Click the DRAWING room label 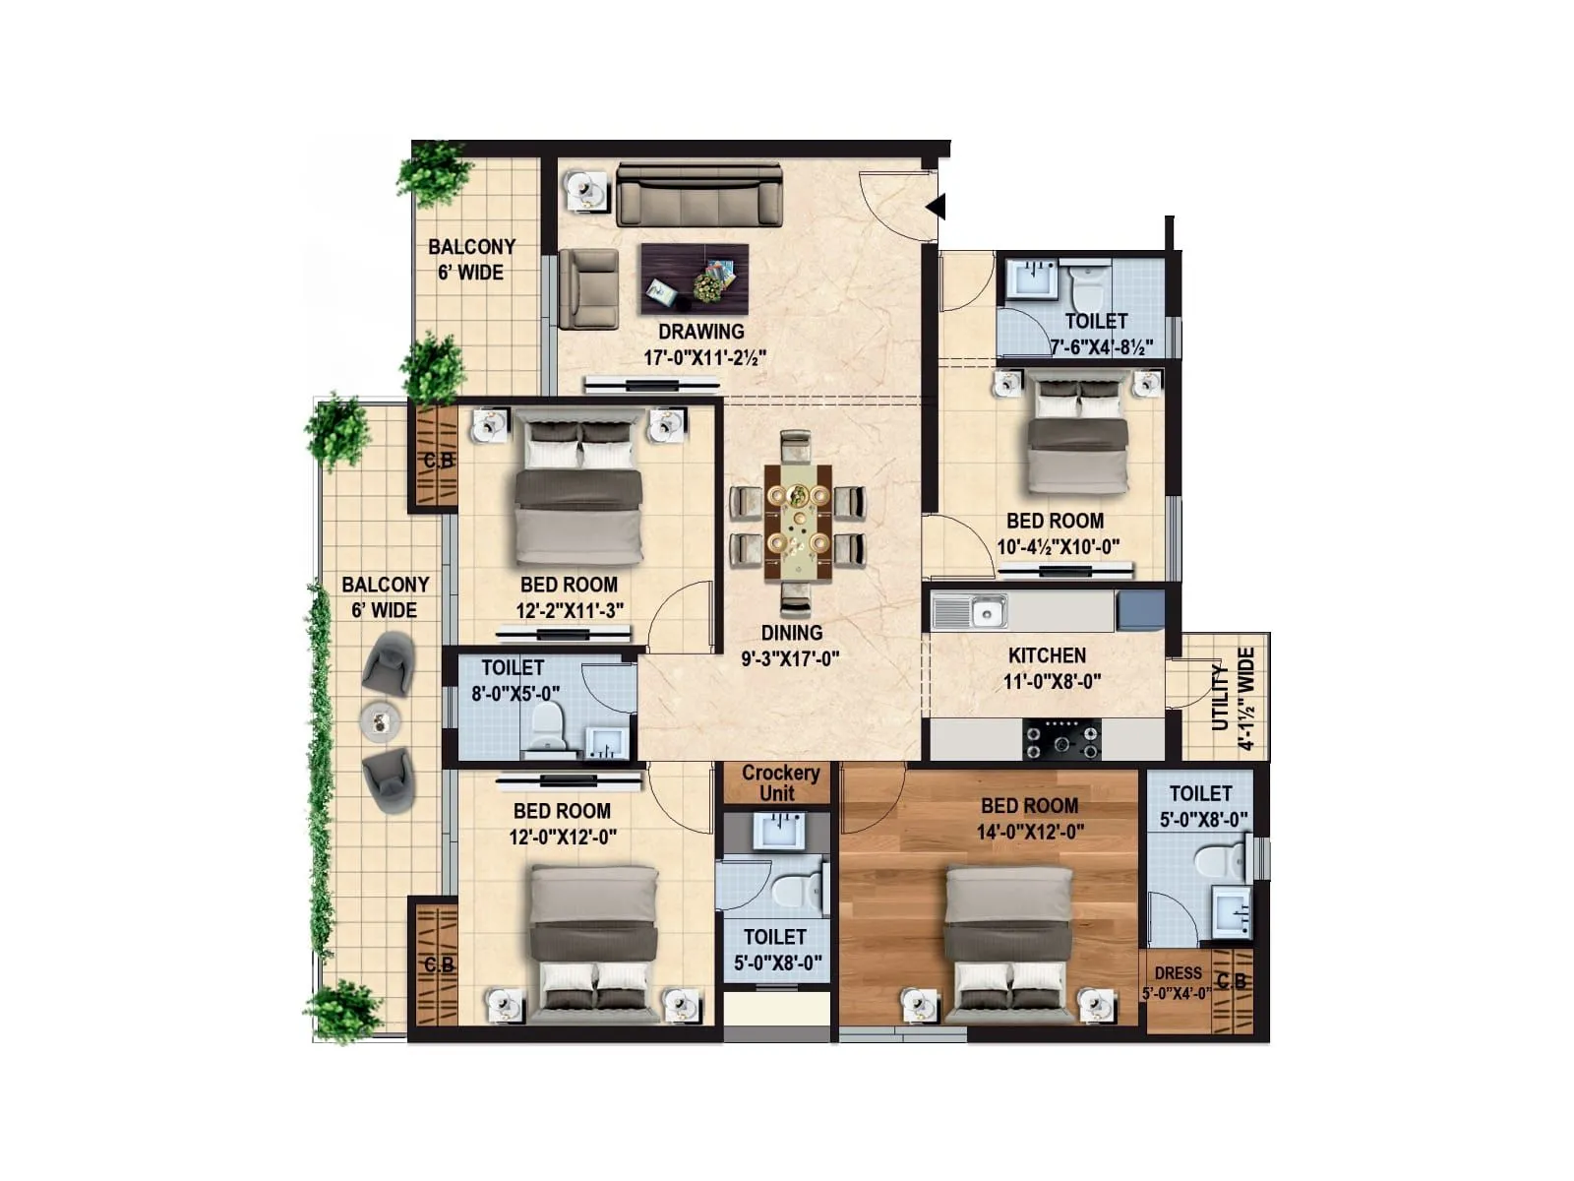pyautogui.click(x=700, y=332)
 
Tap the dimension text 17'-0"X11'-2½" pyautogui.click(x=704, y=357)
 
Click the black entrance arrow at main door pyautogui.click(x=937, y=207)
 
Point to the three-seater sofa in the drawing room pyautogui.click(x=699, y=196)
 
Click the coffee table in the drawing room pyautogui.click(x=695, y=280)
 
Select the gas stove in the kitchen pyautogui.click(x=1062, y=740)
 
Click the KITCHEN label pyautogui.click(x=1047, y=655)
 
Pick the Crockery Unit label pyautogui.click(x=779, y=783)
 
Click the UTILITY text pyautogui.click(x=1220, y=697)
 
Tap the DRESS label pyautogui.click(x=1178, y=972)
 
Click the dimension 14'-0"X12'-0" pyautogui.click(x=1030, y=832)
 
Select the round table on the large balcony pyautogui.click(x=382, y=722)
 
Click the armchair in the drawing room pyautogui.click(x=588, y=287)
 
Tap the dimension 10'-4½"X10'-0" pyautogui.click(x=1058, y=547)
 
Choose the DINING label pyautogui.click(x=791, y=633)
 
